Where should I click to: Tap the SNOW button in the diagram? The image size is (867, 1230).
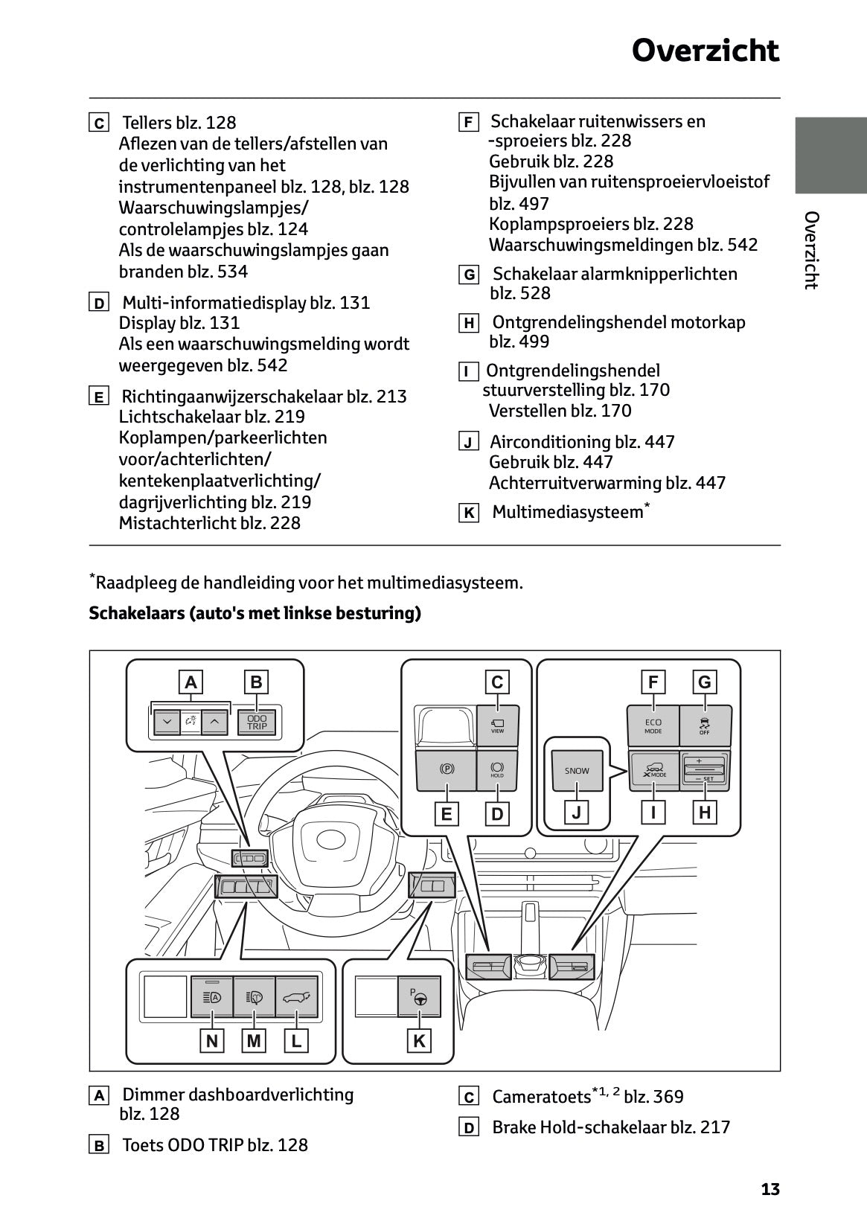pos(577,771)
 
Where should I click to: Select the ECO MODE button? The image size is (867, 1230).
pos(653,725)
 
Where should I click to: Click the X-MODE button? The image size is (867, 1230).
pos(654,770)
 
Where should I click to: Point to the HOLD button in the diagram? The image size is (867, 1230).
pos(497,769)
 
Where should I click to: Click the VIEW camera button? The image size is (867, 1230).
pos(497,725)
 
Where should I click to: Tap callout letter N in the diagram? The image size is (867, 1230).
pos(212,1041)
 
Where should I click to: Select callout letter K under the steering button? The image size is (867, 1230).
pos(419,1041)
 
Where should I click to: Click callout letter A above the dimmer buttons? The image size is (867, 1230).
pos(191,682)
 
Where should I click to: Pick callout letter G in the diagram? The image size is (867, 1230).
pos(704,682)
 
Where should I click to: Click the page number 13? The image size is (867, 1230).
pos(770,1189)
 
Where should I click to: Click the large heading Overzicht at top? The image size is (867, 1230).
pos(705,51)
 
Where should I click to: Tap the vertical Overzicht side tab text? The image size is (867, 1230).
pos(811,250)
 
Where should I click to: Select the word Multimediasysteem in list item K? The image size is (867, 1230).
pos(567,512)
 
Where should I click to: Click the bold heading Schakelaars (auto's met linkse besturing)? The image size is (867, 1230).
pos(255,613)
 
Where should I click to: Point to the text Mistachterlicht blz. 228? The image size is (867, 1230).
pos(209,523)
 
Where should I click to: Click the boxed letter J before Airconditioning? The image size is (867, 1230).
pos(468,443)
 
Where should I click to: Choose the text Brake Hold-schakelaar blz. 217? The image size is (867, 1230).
pos(610,1127)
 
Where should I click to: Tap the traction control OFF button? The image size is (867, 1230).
pos(705,725)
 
